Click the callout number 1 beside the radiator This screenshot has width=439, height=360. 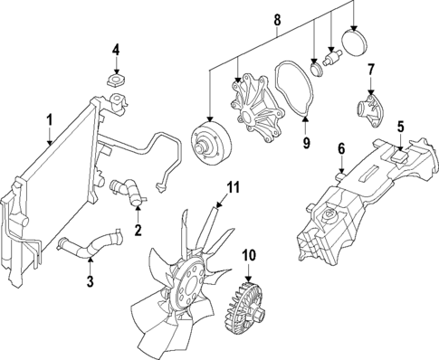click(50, 118)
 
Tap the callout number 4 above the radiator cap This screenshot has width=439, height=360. click(116, 49)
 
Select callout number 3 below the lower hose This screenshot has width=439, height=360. click(91, 281)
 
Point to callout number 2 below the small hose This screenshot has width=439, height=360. click(138, 231)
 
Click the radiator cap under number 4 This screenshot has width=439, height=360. click(116, 81)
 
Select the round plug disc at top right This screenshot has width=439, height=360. click(354, 43)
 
